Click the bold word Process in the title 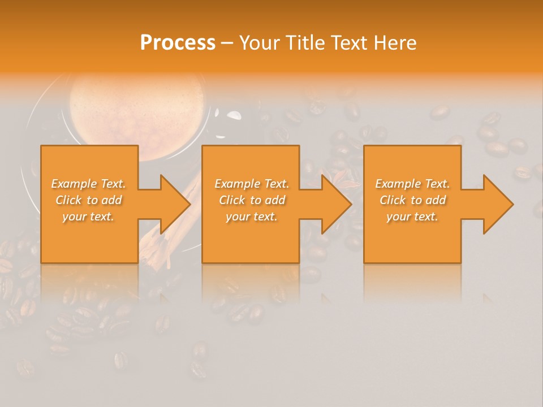click(x=178, y=43)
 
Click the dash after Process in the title click(x=227, y=44)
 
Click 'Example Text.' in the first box click(x=89, y=184)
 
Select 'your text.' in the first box click(x=89, y=217)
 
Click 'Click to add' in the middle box click(x=252, y=200)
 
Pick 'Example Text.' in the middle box click(x=252, y=184)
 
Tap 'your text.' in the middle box click(x=252, y=217)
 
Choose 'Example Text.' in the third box click(x=412, y=184)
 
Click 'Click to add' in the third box click(x=412, y=200)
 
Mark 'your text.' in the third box click(x=412, y=217)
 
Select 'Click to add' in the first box click(x=89, y=200)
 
